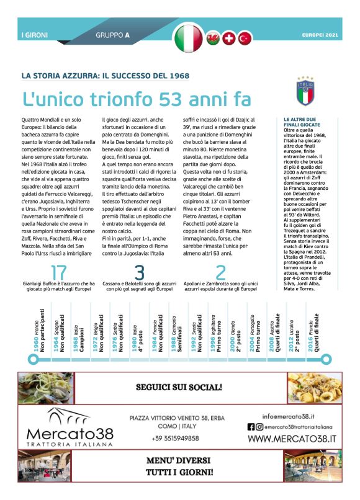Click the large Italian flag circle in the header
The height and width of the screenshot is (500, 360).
click(189, 37)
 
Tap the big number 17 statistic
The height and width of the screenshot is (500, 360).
click(59, 272)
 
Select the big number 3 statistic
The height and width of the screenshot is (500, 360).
click(139, 272)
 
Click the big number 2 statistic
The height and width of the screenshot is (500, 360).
click(220, 272)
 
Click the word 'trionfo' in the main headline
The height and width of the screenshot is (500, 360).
click(117, 99)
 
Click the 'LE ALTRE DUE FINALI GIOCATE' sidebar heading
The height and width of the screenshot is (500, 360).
click(304, 122)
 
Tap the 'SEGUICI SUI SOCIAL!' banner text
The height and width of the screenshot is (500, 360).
click(179, 388)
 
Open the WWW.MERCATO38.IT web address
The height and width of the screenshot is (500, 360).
click(292, 439)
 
